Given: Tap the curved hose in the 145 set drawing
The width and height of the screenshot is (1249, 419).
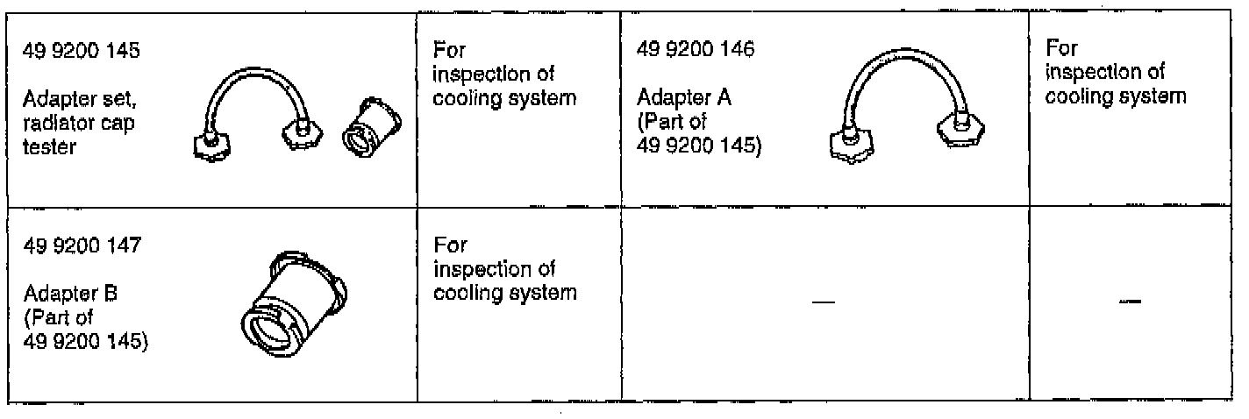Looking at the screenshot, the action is point(254,83).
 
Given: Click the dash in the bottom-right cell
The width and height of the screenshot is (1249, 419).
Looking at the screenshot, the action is point(1131,302).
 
